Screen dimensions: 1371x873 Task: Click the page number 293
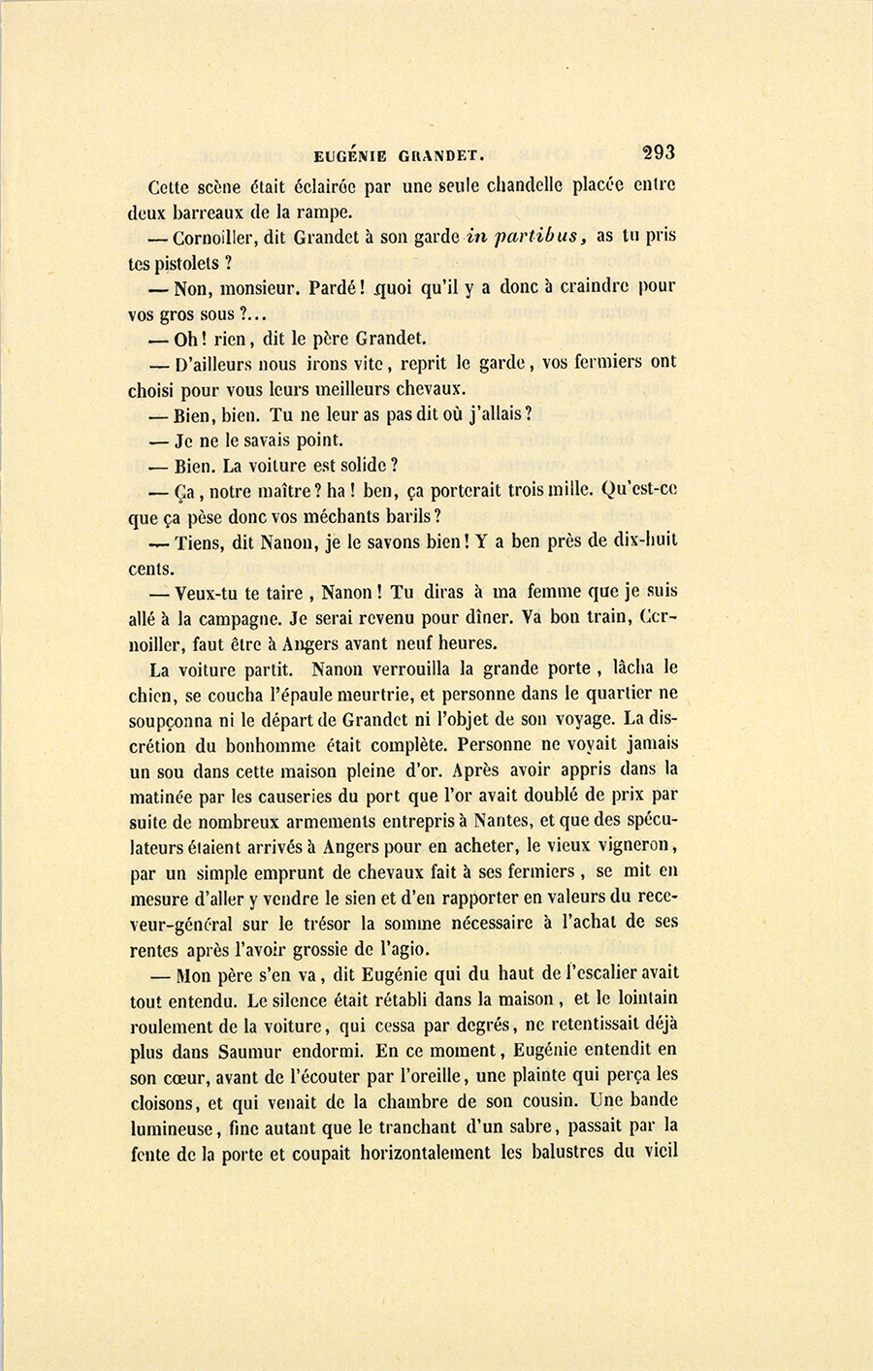coord(657,151)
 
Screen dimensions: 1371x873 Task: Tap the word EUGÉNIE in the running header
coord(350,154)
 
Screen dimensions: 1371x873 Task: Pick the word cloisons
coord(165,1102)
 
